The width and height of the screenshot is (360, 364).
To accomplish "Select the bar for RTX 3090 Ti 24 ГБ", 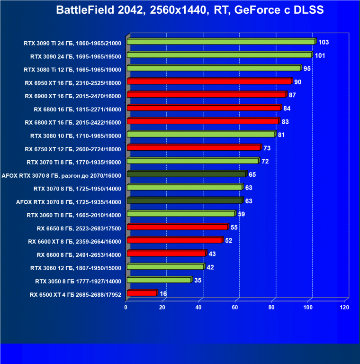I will (x=221, y=42).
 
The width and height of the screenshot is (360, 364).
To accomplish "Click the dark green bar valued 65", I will (x=186, y=174).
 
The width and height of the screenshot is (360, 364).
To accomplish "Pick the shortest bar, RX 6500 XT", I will (x=141, y=293).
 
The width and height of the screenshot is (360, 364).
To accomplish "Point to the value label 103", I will (x=324, y=42).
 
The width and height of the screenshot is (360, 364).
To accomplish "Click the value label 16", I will (x=163, y=294).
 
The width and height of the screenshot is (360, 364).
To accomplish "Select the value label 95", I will (x=307, y=69).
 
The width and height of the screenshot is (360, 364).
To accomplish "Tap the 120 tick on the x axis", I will (x=344, y=308).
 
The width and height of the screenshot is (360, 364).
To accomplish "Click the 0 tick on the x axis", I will (x=126, y=308).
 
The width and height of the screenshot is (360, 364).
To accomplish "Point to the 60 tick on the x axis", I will (x=235, y=308).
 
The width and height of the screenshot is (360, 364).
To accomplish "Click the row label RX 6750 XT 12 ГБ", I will (x=73, y=149).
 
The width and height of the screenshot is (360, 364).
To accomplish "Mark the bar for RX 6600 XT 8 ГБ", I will (x=174, y=240).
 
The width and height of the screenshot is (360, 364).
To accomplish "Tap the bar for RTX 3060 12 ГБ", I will (x=165, y=267).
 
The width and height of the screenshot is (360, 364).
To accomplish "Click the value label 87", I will (x=292, y=95).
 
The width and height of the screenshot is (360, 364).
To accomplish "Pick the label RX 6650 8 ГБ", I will (x=79, y=228).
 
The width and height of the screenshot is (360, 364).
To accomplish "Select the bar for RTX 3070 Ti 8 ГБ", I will (x=193, y=161).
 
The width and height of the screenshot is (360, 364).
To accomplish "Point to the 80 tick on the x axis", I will (x=271, y=308).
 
